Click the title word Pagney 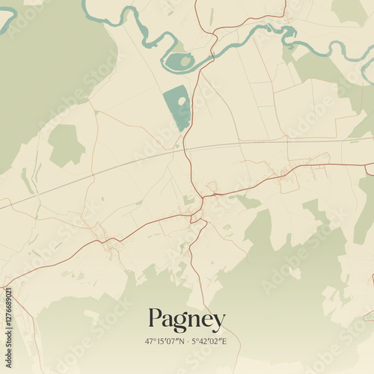[186, 320]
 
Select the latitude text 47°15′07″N [165, 340]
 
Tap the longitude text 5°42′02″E [209, 340]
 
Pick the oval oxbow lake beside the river [180, 62]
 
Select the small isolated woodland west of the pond [66, 144]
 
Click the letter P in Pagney [156, 319]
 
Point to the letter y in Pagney [218, 322]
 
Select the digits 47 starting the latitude [150, 340]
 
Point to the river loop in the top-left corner [9, 16]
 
